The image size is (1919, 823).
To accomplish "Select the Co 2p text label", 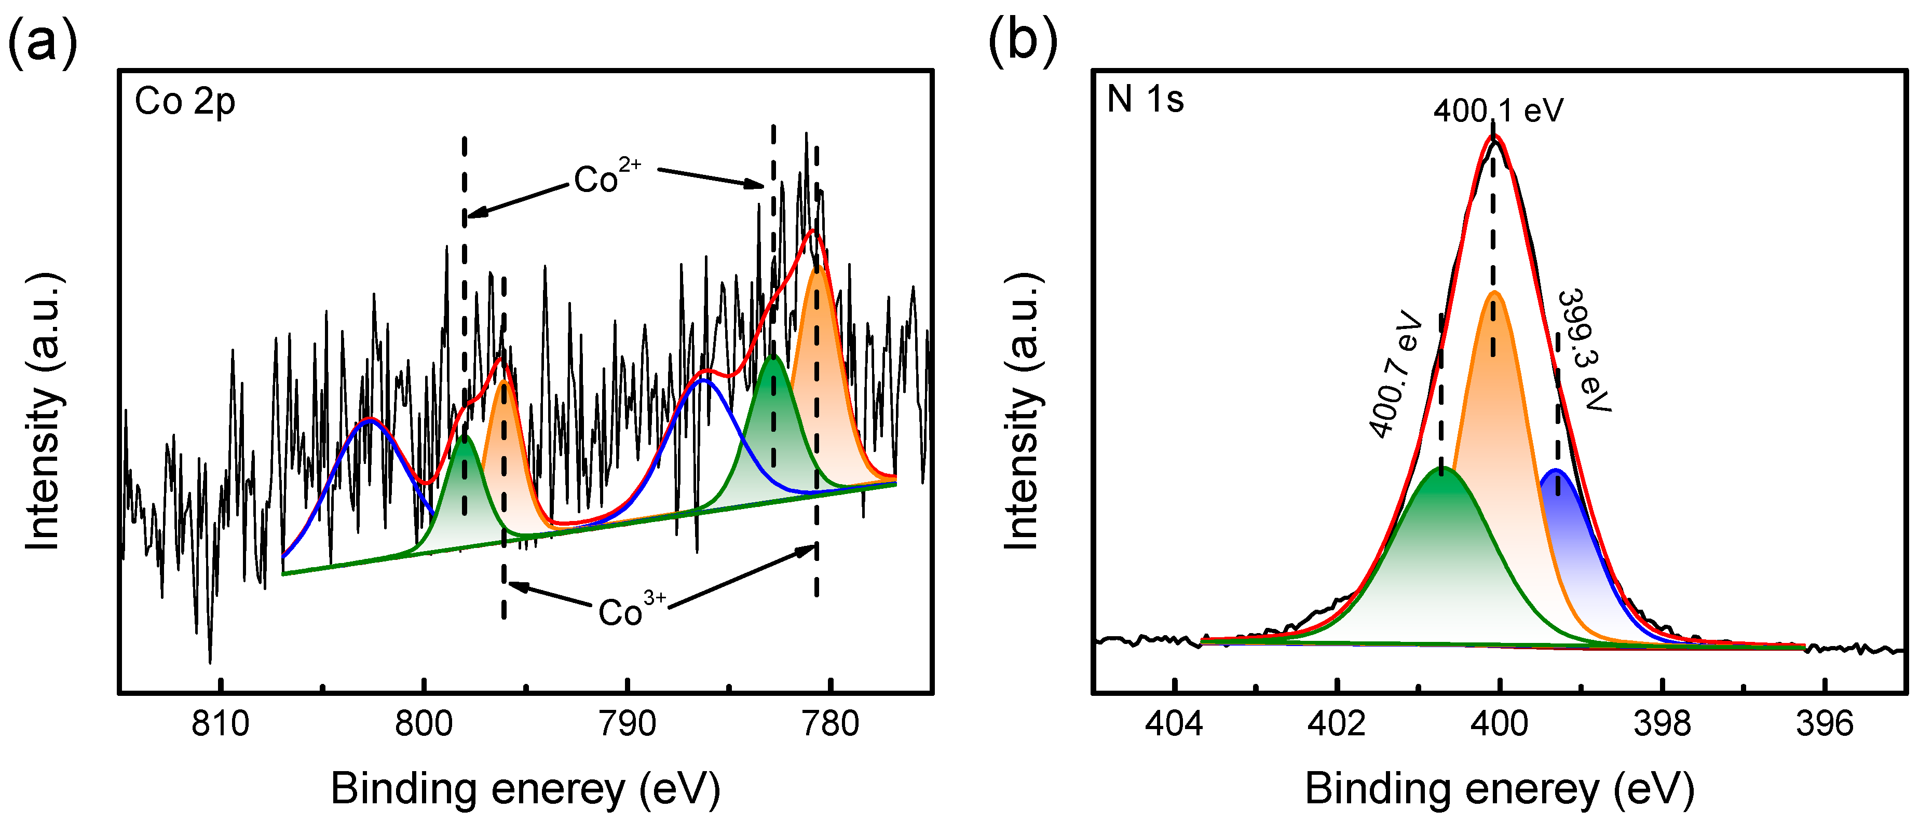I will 185,102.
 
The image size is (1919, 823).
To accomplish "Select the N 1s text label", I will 1145,99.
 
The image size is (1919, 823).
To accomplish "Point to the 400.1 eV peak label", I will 1498,111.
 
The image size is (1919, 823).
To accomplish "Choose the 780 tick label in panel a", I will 831,723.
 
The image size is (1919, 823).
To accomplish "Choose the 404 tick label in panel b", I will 1174,723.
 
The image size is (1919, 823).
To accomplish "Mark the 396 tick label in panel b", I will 1825,723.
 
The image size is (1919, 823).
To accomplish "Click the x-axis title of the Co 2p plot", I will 525,789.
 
